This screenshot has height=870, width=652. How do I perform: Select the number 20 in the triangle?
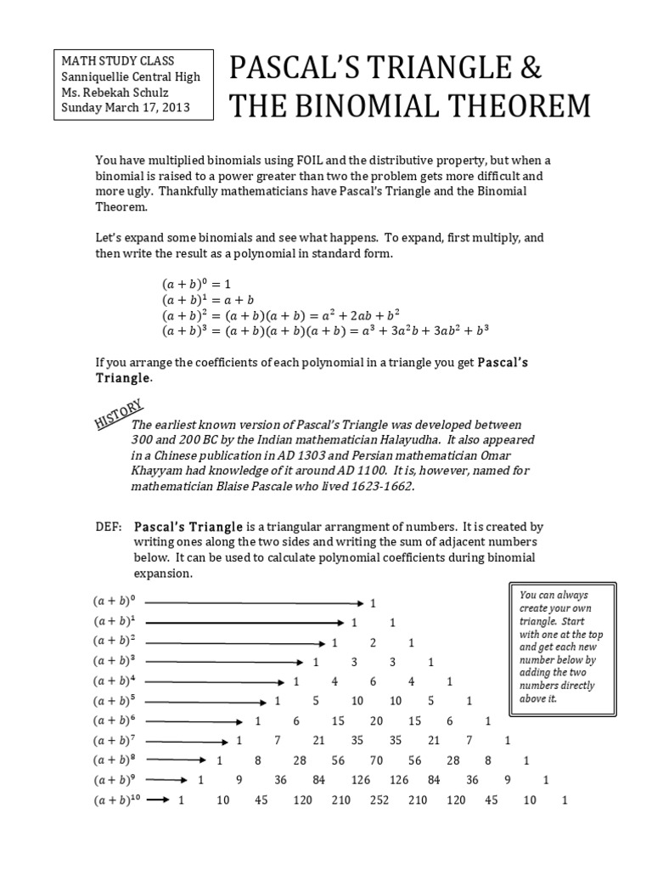(376, 720)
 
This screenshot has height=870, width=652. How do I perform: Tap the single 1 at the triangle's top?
(372, 602)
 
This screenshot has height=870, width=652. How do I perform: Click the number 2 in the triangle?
(372, 642)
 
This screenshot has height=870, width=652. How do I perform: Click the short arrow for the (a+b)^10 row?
(159, 799)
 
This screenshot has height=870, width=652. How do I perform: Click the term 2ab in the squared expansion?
(350, 315)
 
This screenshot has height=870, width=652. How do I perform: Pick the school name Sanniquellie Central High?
(130, 76)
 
